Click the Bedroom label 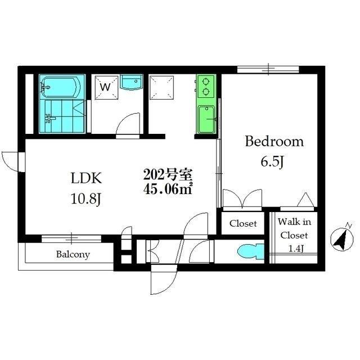[x=274, y=141]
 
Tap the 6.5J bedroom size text [x=272, y=162]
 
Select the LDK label [x=86, y=178]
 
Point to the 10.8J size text [x=86, y=199]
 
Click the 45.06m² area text [x=168, y=189]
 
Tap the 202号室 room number [x=168, y=175]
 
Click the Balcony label [x=73, y=254]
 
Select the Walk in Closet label [x=294, y=228]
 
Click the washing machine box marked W [x=106, y=87]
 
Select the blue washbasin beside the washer [x=131, y=82]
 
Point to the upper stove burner [x=206, y=82]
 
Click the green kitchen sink [x=206, y=119]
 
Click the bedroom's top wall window [x=268, y=69]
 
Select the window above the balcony [x=71, y=238]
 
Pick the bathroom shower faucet [x=50, y=119]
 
